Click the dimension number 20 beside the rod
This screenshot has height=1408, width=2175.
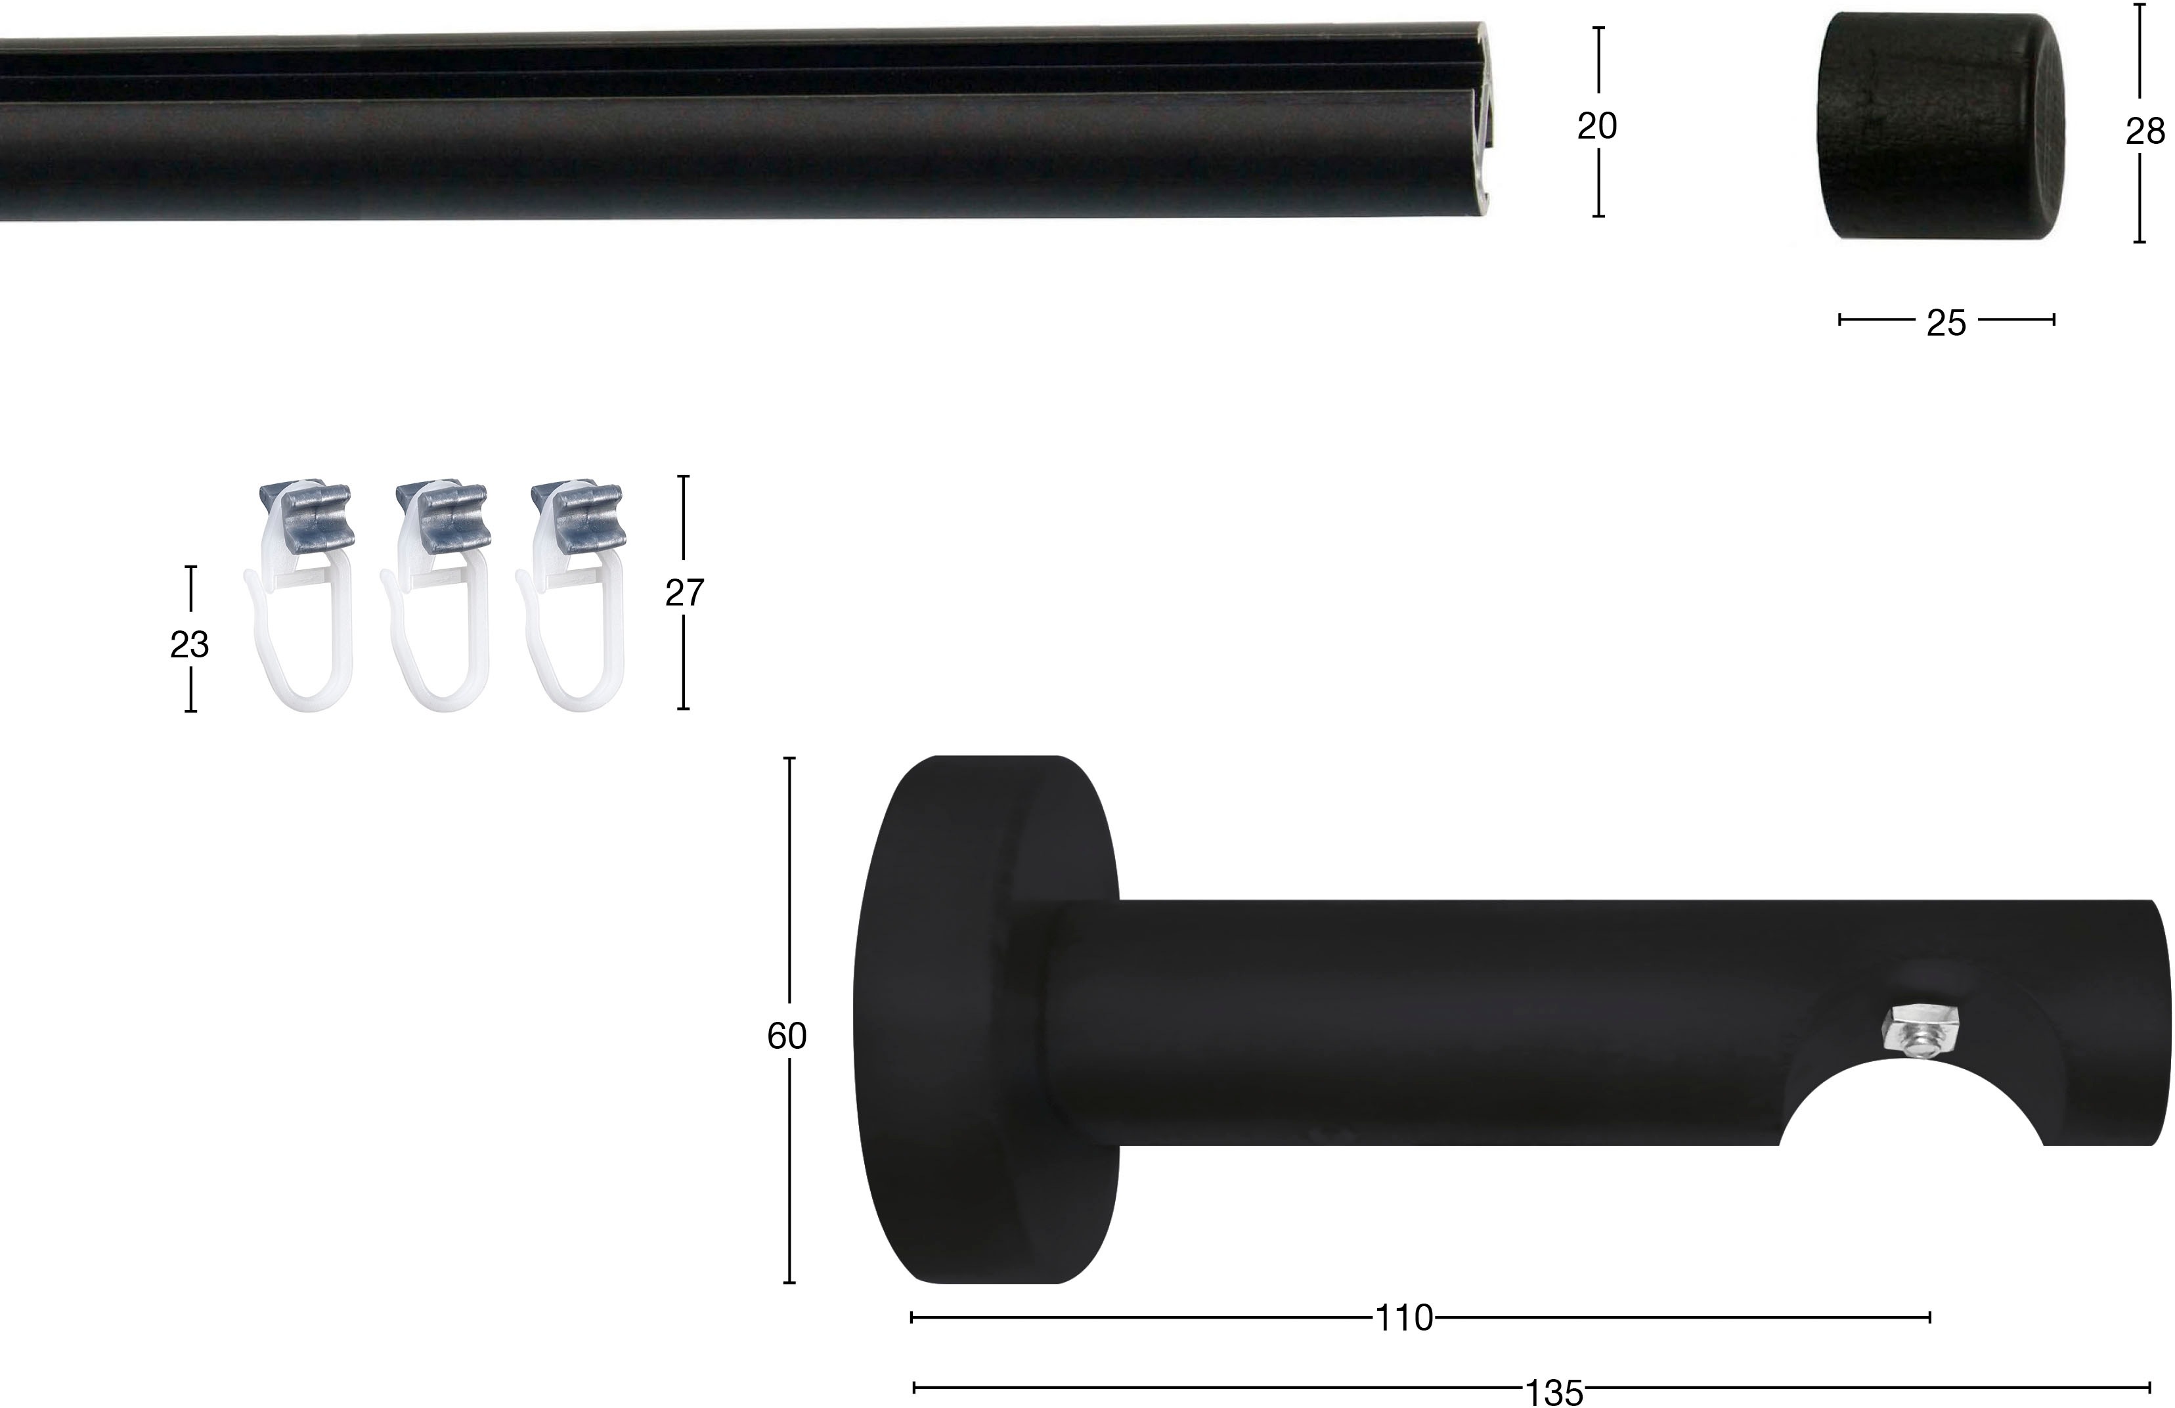click(x=1598, y=127)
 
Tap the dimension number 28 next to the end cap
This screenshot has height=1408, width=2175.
click(x=2145, y=133)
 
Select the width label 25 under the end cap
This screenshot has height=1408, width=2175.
click(x=1946, y=324)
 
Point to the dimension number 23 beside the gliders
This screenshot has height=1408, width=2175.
click(x=189, y=645)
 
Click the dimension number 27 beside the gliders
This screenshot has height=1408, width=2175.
click(x=684, y=594)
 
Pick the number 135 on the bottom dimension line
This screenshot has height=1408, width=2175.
click(x=1554, y=1394)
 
